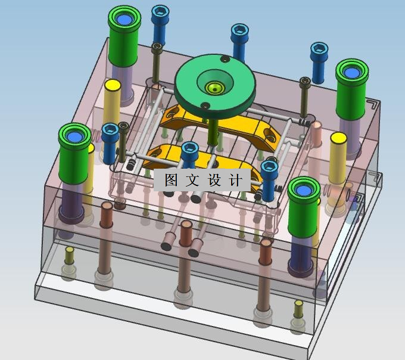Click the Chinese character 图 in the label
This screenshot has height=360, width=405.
pos(171,180)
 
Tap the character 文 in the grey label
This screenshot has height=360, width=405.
pos(192,180)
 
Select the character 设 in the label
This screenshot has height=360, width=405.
pos(214,180)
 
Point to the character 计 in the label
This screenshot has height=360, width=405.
pos(236,180)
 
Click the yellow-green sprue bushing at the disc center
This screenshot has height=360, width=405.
pos(214,88)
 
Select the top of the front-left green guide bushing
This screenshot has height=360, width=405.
pos(74,136)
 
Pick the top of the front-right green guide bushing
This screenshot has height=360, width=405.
pos(304,190)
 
